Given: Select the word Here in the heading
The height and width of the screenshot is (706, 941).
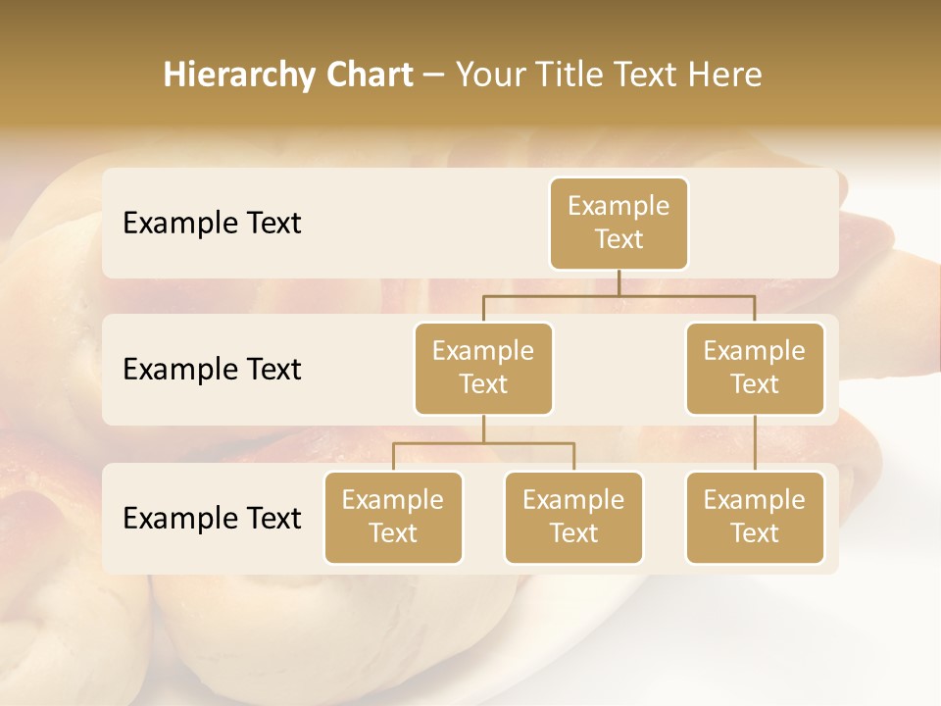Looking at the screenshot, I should (x=724, y=76).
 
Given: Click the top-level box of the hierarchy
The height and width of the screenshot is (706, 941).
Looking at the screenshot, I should (x=619, y=224).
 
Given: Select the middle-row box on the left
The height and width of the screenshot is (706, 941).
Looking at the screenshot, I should (x=483, y=369).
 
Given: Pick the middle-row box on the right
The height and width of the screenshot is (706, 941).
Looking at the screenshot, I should (x=755, y=369).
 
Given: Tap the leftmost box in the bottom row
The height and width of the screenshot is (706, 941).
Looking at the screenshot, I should (x=393, y=518).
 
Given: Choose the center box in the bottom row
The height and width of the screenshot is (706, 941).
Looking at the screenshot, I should (x=573, y=518).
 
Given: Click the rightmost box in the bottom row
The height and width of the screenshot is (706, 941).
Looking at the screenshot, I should (x=755, y=518).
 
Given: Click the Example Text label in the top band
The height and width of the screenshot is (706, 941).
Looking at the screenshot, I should (x=212, y=224).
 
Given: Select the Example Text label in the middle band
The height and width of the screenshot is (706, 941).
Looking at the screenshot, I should (x=212, y=370).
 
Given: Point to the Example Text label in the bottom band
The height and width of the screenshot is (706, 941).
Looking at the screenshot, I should (x=212, y=518).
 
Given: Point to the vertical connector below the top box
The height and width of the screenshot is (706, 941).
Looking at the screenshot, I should (x=619, y=282).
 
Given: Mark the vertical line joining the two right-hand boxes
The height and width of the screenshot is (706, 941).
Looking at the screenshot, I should (x=755, y=443).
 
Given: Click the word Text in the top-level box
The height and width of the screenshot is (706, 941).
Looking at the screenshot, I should (x=619, y=240).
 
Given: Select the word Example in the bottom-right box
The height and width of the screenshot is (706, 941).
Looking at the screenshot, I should (x=755, y=501).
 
